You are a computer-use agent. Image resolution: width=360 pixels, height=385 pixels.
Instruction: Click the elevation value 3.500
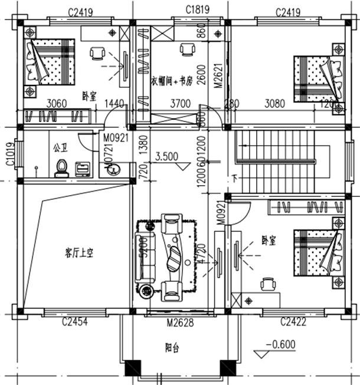167,157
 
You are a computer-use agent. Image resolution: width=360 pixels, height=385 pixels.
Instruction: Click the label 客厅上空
80,253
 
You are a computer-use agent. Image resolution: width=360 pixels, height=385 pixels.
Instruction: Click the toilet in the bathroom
60,170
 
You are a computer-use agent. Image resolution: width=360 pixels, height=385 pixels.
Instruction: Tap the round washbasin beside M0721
113,170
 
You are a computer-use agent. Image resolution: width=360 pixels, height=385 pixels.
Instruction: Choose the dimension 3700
181,104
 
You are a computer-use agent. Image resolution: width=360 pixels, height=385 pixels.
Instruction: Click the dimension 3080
275,104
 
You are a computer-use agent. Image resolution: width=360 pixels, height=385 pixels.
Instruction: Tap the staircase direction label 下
235,178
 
